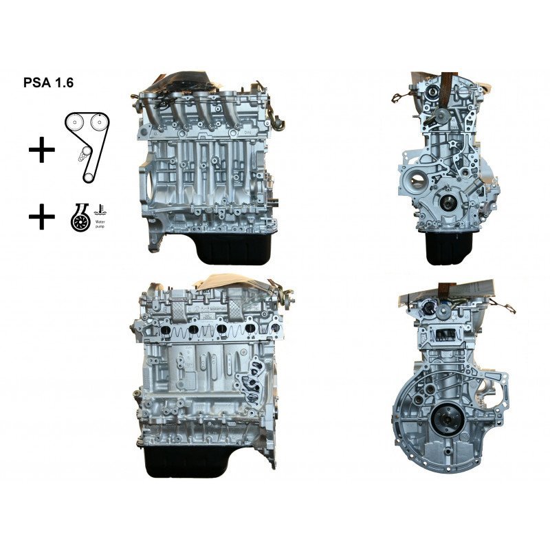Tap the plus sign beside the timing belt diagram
pyautogui.click(x=42, y=148)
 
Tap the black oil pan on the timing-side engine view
pyautogui.click(x=448, y=249)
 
